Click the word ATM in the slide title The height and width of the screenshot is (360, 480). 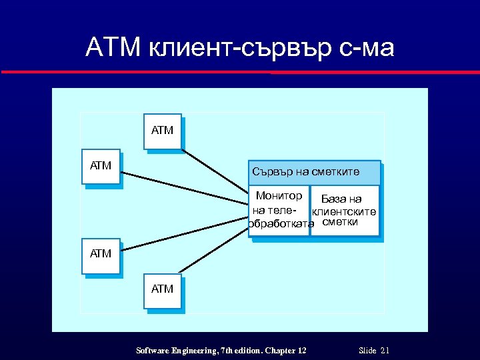[111, 48]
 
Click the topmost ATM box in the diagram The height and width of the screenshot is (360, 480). [163, 131]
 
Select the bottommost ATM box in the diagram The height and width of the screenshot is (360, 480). [163, 290]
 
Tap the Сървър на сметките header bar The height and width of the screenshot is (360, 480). [314, 173]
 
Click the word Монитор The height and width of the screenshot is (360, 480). [279, 196]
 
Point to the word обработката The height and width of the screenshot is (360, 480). [280, 223]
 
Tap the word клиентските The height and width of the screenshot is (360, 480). [345, 211]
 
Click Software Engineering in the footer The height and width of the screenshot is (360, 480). [173, 350]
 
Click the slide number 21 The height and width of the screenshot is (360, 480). [385, 350]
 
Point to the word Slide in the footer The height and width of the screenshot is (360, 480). [367, 350]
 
